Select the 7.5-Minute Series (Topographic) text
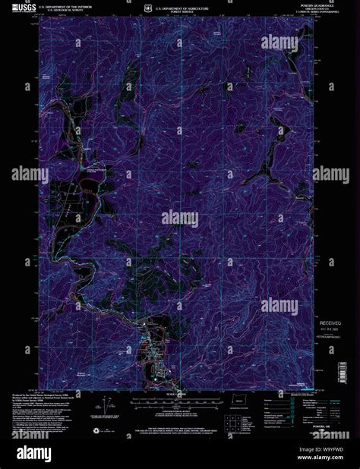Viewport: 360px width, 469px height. tap(292, 14)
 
